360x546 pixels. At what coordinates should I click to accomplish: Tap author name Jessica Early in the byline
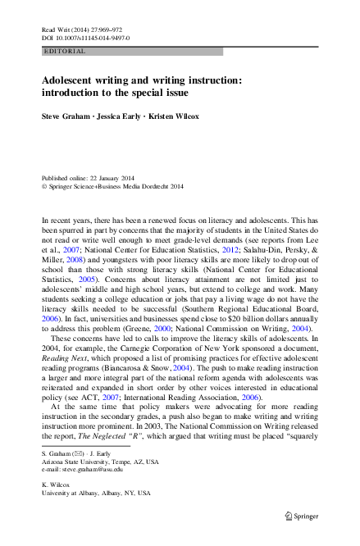[121, 116]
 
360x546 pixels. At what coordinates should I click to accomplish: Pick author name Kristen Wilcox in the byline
[175, 116]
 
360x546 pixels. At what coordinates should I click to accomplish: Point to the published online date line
[91, 178]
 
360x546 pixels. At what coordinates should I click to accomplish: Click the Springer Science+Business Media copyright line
[112, 186]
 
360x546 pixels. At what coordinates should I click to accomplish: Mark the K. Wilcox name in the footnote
[54, 484]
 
